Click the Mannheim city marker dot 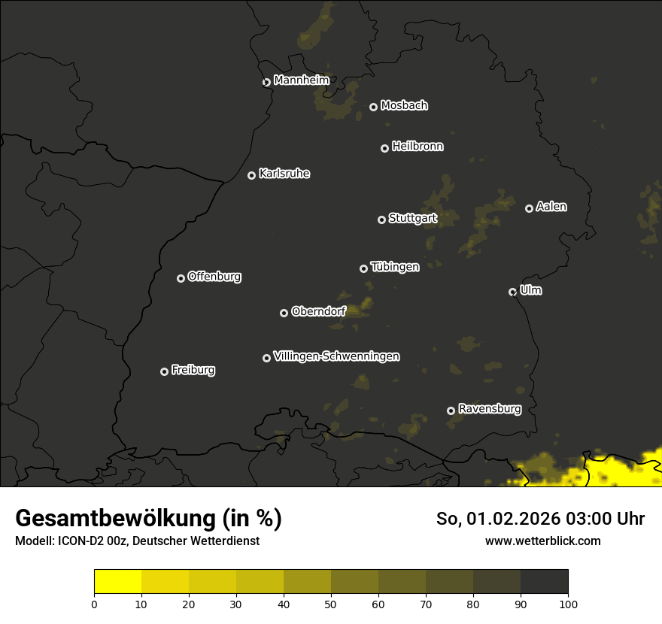(x=266, y=83)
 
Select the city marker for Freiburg (x=165, y=371)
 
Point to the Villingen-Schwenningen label (x=336, y=356)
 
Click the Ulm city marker (x=513, y=292)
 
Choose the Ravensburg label (x=489, y=409)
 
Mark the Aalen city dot (x=529, y=208)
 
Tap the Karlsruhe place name (x=284, y=174)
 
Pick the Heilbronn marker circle (x=384, y=149)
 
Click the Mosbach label (x=404, y=106)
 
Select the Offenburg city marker (x=181, y=278)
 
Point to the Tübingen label (x=395, y=267)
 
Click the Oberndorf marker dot (x=284, y=314)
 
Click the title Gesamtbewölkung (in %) (x=148, y=519)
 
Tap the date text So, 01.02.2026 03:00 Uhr (x=540, y=519)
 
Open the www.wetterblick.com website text (x=542, y=541)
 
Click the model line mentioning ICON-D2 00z (x=137, y=541)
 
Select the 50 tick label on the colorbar (x=331, y=603)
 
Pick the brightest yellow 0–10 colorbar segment (x=118, y=582)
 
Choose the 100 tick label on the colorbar (x=568, y=603)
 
